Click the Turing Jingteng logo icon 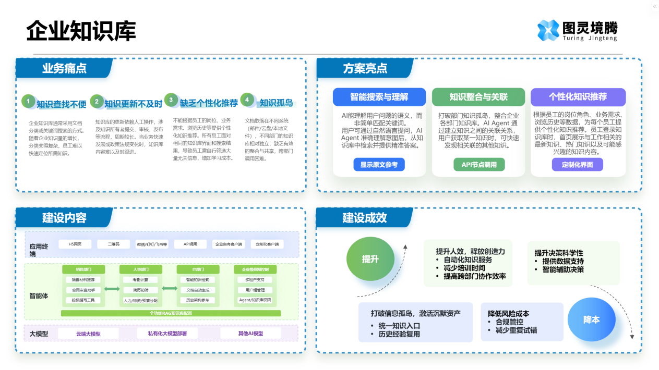click(x=548, y=30)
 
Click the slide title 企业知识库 click(x=81, y=31)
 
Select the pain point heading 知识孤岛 click(x=276, y=103)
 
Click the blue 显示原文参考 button click(x=378, y=165)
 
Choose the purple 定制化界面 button click(x=577, y=165)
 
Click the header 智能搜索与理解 click(x=379, y=97)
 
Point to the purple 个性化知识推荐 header click(x=578, y=97)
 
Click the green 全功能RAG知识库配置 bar click(x=171, y=313)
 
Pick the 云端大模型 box click(x=88, y=334)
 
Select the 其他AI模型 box click(x=250, y=334)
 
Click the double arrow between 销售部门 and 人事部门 click(x=112, y=289)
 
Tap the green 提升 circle click(x=370, y=259)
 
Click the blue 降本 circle click(x=591, y=320)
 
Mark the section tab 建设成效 click(x=364, y=218)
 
